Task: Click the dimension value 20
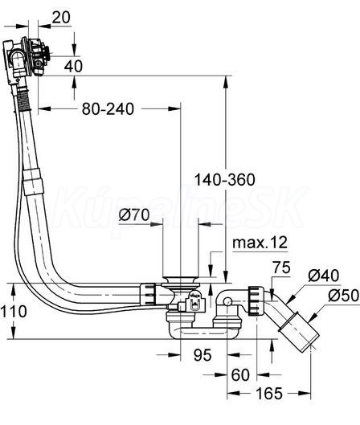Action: (x=61, y=18)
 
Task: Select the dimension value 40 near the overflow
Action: (x=73, y=66)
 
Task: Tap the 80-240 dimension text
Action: (x=108, y=109)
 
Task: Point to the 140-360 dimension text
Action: (x=225, y=180)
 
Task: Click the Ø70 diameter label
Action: (x=134, y=215)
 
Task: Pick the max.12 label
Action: (x=260, y=243)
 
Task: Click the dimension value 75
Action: (x=282, y=268)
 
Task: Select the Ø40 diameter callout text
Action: (x=323, y=276)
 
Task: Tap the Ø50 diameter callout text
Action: (x=344, y=296)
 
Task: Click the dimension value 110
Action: (x=14, y=312)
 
